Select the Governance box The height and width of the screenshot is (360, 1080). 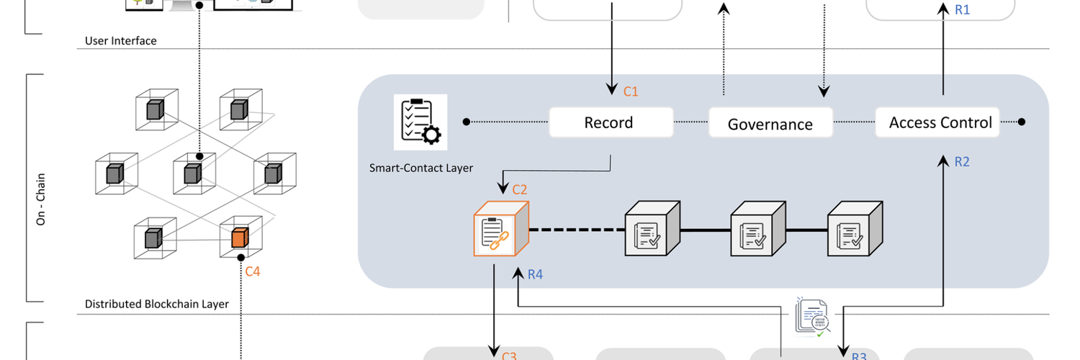tap(770, 123)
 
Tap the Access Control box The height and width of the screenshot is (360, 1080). tap(940, 122)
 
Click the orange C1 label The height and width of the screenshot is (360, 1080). tap(631, 91)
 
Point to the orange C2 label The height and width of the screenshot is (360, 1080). tap(519, 190)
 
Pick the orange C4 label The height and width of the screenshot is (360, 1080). tap(253, 271)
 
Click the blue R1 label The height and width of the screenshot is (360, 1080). tap(962, 10)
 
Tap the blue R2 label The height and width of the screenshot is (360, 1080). tap(962, 162)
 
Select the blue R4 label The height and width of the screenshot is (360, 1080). tap(535, 274)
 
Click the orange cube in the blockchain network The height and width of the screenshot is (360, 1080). tap(239, 237)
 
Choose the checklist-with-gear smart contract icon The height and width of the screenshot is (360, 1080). tap(420, 121)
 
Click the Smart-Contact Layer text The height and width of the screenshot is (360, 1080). tap(421, 168)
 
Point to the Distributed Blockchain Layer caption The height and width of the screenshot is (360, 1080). tap(157, 304)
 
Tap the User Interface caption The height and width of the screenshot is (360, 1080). tap(121, 41)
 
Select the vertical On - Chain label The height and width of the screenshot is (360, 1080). tap(41, 199)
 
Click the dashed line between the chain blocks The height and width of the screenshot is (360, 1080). tap(576, 230)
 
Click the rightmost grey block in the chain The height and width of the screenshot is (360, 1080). tap(854, 230)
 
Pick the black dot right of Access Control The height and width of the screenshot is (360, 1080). tap(1023, 122)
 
